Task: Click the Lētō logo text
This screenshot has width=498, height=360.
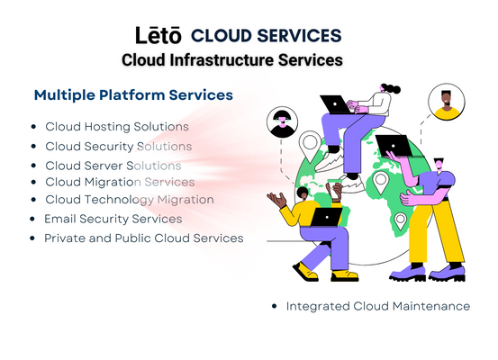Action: pyautogui.click(x=158, y=35)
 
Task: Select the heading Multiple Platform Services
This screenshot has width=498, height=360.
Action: pyautogui.click(x=133, y=94)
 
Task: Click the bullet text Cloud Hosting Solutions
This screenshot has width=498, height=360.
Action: pyautogui.click(x=117, y=126)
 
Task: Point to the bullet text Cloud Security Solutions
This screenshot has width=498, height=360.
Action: pyautogui.click(x=119, y=147)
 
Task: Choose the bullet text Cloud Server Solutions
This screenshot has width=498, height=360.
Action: pyautogui.click(x=113, y=166)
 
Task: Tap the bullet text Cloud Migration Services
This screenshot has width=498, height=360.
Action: pyautogui.click(x=120, y=182)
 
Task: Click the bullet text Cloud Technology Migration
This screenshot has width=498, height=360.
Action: pyautogui.click(x=130, y=200)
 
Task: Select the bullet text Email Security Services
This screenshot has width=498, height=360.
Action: pyautogui.click(x=113, y=219)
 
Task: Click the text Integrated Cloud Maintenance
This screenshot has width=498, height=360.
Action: pyautogui.click(x=378, y=306)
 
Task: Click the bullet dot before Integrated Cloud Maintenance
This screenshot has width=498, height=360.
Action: pyautogui.click(x=275, y=306)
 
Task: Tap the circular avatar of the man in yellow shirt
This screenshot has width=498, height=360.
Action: pyautogui.click(x=447, y=103)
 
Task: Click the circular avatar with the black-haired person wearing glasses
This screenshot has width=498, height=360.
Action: pyautogui.click(x=282, y=122)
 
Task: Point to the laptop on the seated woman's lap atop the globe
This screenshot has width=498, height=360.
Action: pyautogui.click(x=336, y=104)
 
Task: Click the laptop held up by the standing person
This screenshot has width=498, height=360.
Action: pyautogui.click(x=394, y=146)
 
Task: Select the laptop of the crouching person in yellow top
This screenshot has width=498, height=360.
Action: pyautogui.click(x=327, y=217)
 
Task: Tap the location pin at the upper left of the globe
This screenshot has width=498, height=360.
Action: pyautogui.click(x=310, y=144)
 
